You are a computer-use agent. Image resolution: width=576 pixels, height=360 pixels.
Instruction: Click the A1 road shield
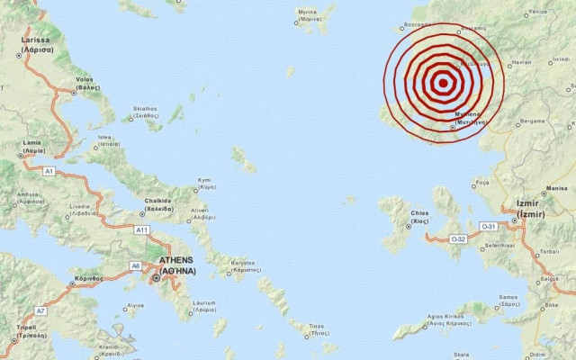49,170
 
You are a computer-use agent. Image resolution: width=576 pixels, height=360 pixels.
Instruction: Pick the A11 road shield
141,230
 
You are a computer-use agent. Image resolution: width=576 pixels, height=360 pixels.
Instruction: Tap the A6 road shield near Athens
135,265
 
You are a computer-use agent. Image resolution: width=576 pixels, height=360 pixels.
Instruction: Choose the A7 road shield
40,310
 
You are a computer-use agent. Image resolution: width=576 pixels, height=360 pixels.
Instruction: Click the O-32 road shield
457,238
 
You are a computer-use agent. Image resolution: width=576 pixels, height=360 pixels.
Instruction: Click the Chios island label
418,216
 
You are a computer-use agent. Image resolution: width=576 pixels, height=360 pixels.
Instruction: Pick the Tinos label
316,328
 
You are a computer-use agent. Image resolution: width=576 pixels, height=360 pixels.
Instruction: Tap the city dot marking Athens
157,278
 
